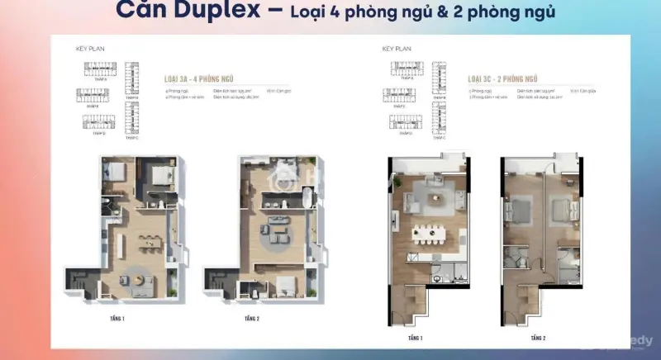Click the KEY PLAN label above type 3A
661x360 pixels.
coord(90,49)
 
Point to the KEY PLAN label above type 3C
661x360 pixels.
coord(397,49)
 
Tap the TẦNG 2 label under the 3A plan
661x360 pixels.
coord(253,318)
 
